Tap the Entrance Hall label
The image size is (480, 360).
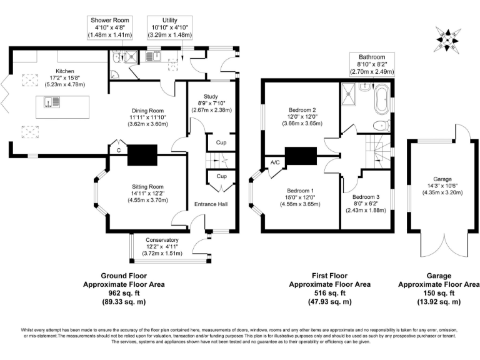[210, 204]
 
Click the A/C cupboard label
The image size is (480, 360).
[274, 163]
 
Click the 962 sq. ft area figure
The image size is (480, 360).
[123, 292]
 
